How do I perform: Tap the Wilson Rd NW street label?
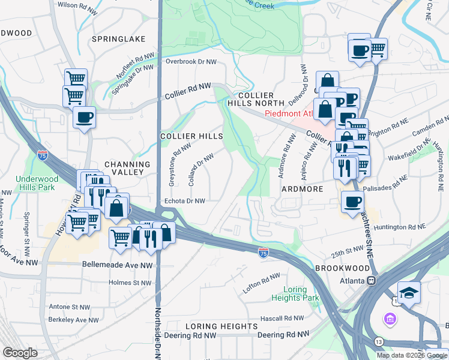point(77,5)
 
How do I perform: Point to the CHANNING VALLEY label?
point(127,168)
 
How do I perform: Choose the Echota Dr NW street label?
point(185,202)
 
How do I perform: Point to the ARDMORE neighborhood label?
point(303,189)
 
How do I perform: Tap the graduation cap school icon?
point(409,293)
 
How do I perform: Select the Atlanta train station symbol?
point(372,280)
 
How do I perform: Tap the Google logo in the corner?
point(20,352)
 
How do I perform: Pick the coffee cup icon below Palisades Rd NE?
point(352,201)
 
